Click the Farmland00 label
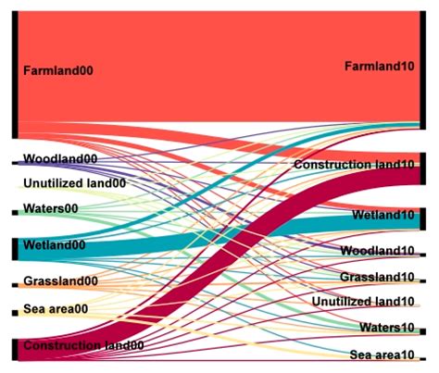coord(58,70)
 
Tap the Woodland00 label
coord(59,159)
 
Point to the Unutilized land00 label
coord(73,183)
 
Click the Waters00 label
coord(50,209)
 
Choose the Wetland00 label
coord(54,245)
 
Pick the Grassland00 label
coord(60,281)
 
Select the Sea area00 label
coord(56,309)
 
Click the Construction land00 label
coord(82,345)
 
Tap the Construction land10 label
coord(354,165)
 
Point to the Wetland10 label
coord(383,216)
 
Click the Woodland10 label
coord(377,251)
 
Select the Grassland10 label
coord(377,277)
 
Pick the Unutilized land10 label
coord(363,301)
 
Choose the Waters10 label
coord(387,327)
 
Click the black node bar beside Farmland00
coord(15,74)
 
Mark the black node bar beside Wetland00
coord(15,248)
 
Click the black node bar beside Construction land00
coord(15,348)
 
